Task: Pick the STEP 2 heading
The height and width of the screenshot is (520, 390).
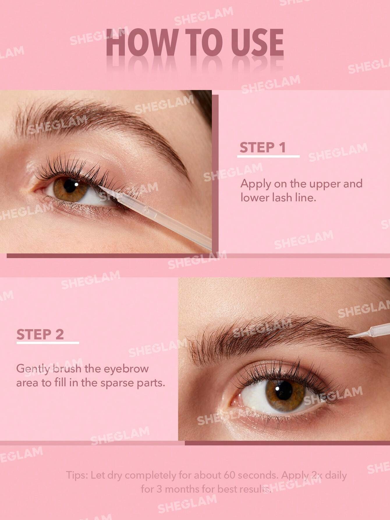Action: point(40,334)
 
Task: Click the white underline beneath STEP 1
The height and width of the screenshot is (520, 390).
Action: point(268,157)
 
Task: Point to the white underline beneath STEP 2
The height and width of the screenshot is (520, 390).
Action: point(48,343)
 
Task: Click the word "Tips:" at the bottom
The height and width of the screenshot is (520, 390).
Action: point(77,476)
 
